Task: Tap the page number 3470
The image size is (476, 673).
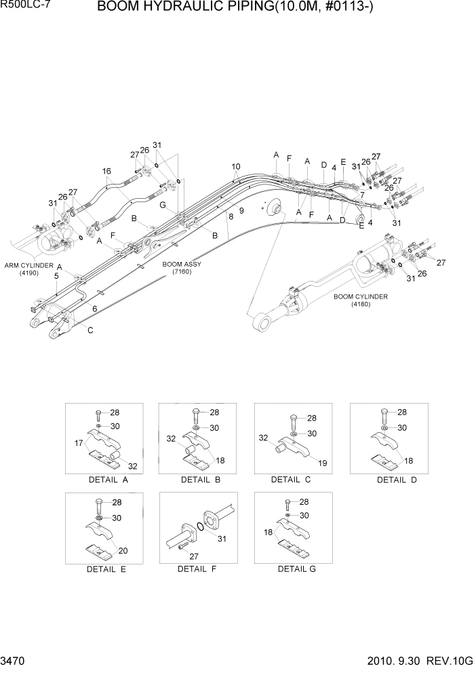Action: pyautogui.click(x=14, y=659)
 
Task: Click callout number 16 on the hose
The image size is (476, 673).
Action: pyautogui.click(x=106, y=171)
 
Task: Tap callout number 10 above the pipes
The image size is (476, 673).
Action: pyautogui.click(x=235, y=166)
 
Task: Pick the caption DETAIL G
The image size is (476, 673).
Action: pyautogui.click(x=296, y=569)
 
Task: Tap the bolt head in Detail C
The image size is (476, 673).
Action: pyautogui.click(x=293, y=417)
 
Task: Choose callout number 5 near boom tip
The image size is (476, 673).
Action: pyautogui.click(x=56, y=276)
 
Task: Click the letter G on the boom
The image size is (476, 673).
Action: pyautogui.click(x=163, y=204)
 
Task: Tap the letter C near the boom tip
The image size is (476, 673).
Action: pyautogui.click(x=91, y=330)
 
